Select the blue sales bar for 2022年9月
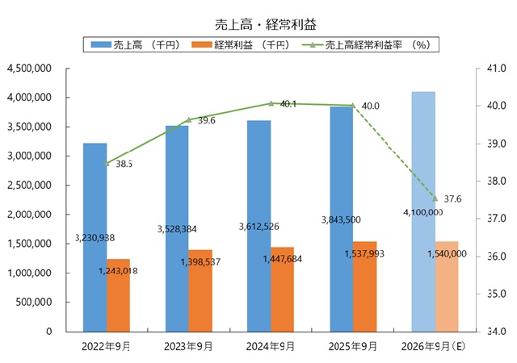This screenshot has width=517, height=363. (x=95, y=202)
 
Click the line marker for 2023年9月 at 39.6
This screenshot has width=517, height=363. (x=188, y=120)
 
